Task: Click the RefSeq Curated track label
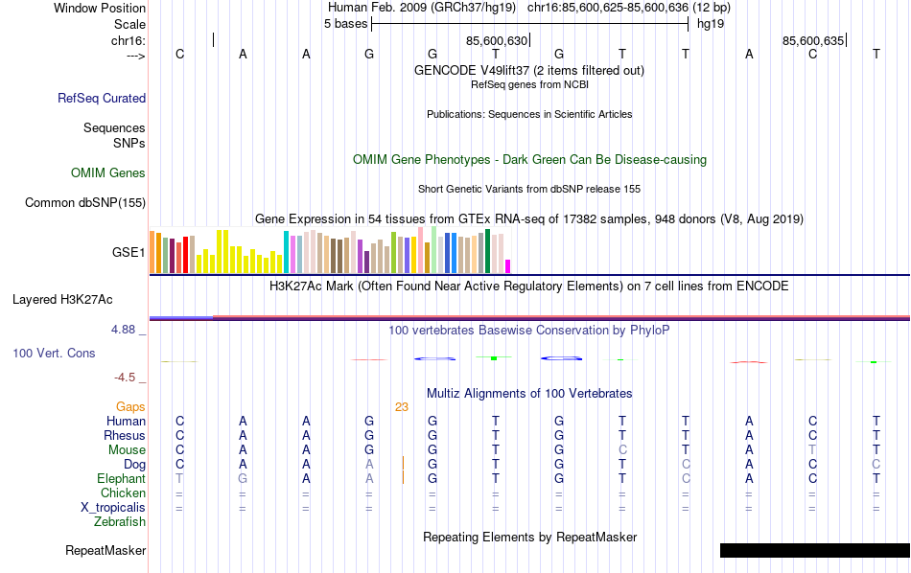[102, 98]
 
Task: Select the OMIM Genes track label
[108, 173]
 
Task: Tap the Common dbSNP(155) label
[85, 202]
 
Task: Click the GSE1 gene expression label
[128, 253]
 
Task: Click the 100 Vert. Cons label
[54, 354]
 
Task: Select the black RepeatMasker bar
[814, 550]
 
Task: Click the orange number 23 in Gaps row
[402, 407]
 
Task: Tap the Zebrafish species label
[120, 522]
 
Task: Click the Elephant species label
[121, 479]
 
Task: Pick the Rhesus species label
[125, 436]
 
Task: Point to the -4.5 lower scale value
[126, 378]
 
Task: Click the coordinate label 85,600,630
[496, 40]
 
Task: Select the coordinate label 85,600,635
[813, 40]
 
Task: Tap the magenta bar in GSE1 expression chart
[508, 266]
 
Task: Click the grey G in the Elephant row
[243, 479]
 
